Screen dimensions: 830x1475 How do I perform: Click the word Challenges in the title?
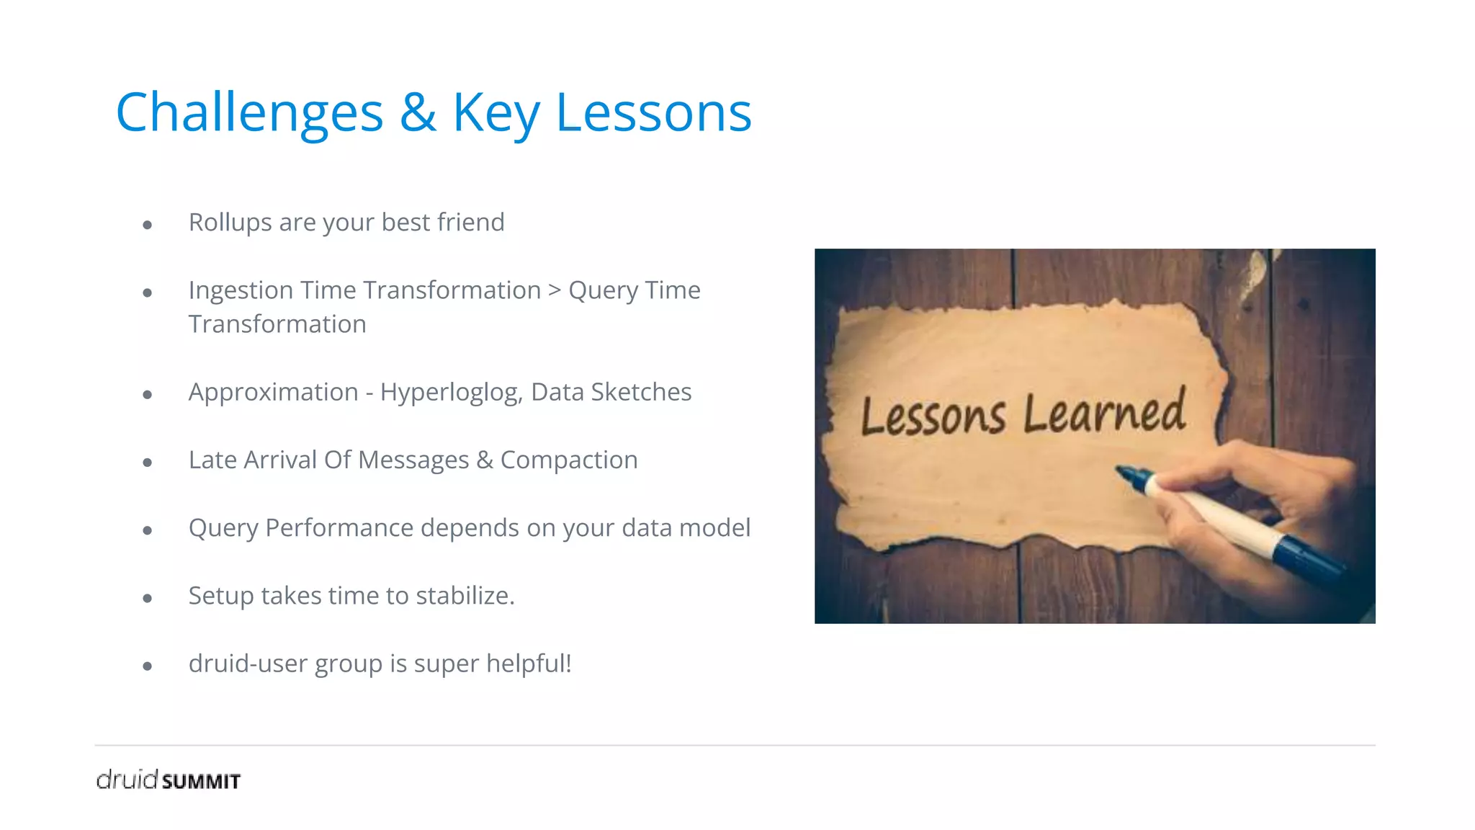(x=249, y=114)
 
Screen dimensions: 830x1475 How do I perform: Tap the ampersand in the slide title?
(x=418, y=112)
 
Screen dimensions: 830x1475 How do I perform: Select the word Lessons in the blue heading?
(x=653, y=112)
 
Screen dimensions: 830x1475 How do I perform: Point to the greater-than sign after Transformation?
(x=554, y=290)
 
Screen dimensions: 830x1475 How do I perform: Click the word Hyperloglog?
(x=451, y=393)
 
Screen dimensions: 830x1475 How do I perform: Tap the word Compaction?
(x=569, y=460)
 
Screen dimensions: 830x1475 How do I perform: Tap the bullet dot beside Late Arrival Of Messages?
(x=148, y=463)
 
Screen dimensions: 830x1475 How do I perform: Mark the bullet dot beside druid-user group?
(x=148, y=666)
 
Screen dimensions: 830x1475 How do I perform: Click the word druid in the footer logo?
(x=127, y=780)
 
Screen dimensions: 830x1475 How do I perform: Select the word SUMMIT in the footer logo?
(x=201, y=782)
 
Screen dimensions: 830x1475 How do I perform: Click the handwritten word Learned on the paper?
(x=1104, y=413)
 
